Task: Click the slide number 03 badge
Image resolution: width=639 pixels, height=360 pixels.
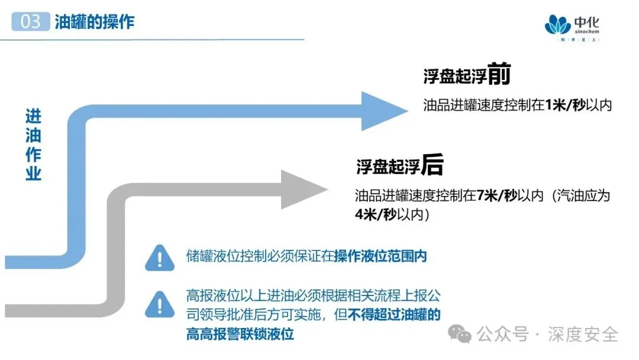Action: [x=30, y=22]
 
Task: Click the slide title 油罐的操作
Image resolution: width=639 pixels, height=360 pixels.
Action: [x=95, y=22]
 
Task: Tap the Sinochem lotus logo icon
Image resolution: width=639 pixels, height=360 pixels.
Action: [x=558, y=25]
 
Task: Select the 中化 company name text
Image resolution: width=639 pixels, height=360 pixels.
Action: [x=586, y=22]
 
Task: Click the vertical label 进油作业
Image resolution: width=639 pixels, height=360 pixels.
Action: [x=33, y=145]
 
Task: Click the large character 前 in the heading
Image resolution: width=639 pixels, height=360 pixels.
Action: [x=499, y=75]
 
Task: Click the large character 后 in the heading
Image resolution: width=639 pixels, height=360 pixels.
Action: [x=432, y=166]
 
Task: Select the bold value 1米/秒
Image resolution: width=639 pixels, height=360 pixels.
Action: [x=565, y=105]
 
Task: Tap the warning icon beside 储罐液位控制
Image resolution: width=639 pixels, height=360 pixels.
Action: [x=159, y=258]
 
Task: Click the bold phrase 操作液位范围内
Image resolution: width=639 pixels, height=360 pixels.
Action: [x=380, y=256]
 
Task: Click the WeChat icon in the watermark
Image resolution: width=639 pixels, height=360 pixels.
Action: [x=460, y=334]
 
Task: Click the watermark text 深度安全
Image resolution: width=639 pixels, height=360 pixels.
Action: [x=583, y=334]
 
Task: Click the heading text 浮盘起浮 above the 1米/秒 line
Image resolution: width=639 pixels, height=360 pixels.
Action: [x=455, y=77]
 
